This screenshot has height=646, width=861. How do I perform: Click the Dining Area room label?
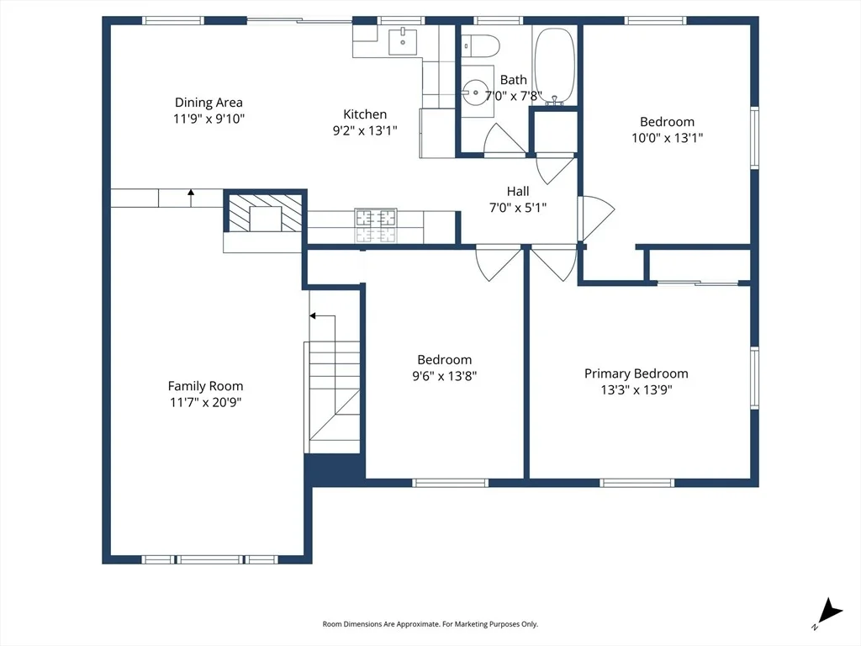click(x=209, y=102)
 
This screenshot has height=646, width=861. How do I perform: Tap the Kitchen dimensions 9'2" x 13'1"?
click(x=365, y=130)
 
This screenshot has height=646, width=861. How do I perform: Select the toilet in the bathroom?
click(x=480, y=45)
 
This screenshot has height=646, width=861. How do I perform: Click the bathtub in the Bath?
click(x=555, y=65)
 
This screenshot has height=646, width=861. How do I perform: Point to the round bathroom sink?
click(x=474, y=93)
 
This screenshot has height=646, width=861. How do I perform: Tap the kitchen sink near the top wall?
click(x=403, y=42)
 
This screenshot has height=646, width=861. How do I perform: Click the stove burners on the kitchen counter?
click(x=376, y=225)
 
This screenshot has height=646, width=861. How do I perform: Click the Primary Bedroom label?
click(x=636, y=373)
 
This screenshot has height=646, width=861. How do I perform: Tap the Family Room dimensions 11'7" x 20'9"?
click(x=205, y=402)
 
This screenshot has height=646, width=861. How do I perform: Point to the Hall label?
click(x=518, y=191)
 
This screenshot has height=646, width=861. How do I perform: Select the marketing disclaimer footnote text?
click(x=430, y=624)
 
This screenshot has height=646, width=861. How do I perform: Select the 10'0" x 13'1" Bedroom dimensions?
click(x=667, y=137)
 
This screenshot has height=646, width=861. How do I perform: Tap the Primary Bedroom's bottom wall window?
click(x=637, y=483)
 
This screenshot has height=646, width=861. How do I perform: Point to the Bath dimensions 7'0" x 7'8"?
click(x=514, y=96)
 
